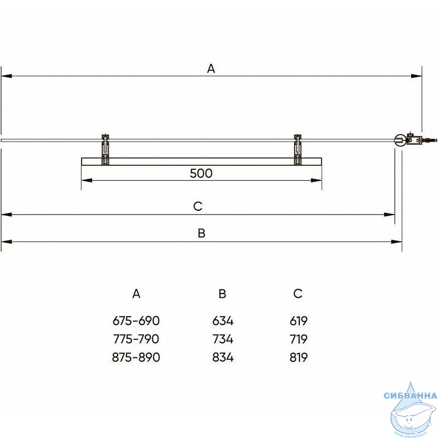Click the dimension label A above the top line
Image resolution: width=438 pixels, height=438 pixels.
[x=211, y=68]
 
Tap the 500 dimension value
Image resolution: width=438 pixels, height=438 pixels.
[x=201, y=174]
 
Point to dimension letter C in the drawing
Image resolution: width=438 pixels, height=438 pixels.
[x=198, y=206]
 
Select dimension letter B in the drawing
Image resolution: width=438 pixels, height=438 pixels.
[x=201, y=233]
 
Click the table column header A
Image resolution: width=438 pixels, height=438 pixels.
[x=136, y=293]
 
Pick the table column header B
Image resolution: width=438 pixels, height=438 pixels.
[x=222, y=293]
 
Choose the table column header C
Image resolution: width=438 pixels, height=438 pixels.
[x=298, y=293]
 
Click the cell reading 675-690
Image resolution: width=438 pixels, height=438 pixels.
[x=136, y=321]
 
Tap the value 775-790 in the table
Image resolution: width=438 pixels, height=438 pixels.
[x=136, y=339]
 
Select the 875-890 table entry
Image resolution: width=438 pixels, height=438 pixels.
[x=136, y=358]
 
